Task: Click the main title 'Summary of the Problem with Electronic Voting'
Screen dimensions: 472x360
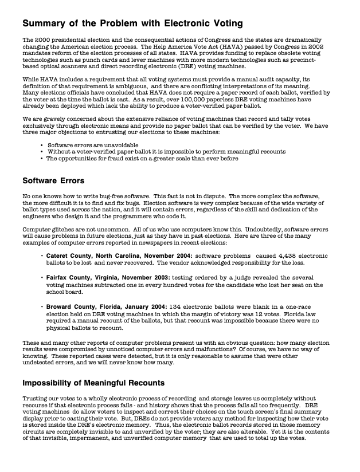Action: coord(132,24)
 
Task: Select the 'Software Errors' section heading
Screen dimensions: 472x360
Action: coord(54,181)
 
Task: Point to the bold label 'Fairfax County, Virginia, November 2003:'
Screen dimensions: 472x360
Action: coord(108,277)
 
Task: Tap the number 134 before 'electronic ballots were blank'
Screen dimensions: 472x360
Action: coord(177,306)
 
